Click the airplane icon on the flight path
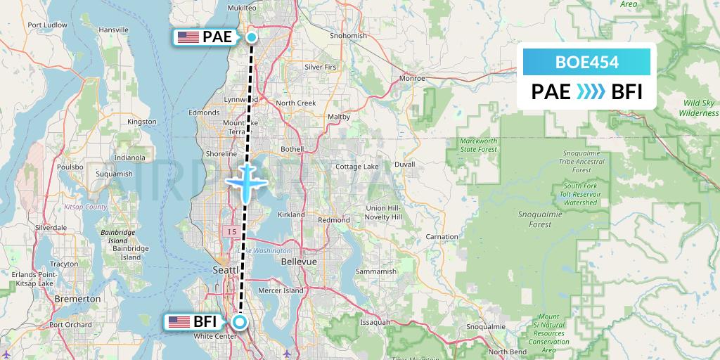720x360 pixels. pos(245,181)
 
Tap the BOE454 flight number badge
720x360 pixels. pos(586,62)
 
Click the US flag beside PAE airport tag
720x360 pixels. pos(188,38)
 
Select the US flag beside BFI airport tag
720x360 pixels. pos(179,322)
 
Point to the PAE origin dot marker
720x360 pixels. pos(251,38)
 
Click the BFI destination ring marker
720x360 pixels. pos(240,323)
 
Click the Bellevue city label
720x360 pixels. pos(299,262)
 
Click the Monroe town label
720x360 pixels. pos(411,79)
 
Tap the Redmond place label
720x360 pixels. pos(334,220)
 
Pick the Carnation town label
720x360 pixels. pos(442,237)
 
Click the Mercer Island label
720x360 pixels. pos(283,290)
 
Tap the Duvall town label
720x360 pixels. pos(404,164)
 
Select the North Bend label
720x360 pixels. pos(507,352)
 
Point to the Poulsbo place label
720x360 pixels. pos(70,167)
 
